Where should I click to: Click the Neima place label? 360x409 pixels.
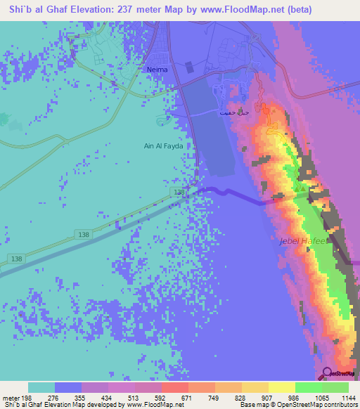click(x=156, y=70)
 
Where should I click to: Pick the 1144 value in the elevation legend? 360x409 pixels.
click(x=347, y=398)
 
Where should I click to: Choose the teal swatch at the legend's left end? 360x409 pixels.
click(x=41, y=387)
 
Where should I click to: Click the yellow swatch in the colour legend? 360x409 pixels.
click(x=281, y=387)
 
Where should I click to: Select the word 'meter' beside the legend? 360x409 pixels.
click(x=11, y=398)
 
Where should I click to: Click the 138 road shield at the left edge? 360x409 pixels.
click(x=16, y=259)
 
